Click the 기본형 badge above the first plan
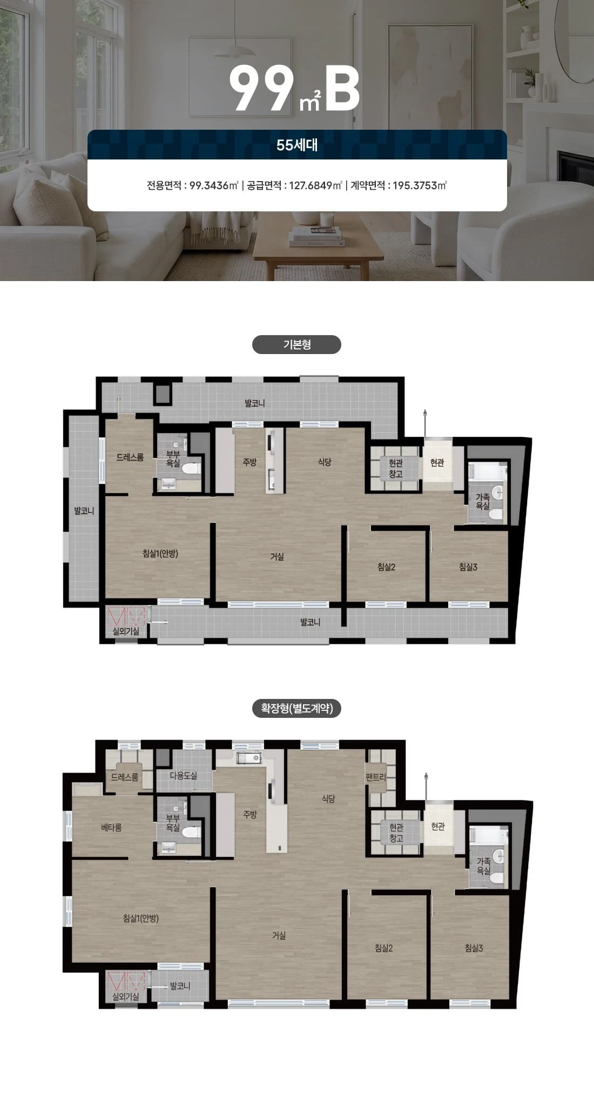click(x=296, y=345)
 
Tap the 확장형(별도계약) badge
click(x=296, y=708)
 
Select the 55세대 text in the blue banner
click(x=297, y=145)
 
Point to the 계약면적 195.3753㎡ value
click(x=420, y=185)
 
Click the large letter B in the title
click(x=343, y=89)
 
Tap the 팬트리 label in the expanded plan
click(x=375, y=777)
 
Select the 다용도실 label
click(x=183, y=775)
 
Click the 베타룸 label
click(x=111, y=827)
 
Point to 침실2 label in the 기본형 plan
click(x=386, y=567)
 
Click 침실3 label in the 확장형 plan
click(x=474, y=948)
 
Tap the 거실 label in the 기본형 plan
click(x=277, y=557)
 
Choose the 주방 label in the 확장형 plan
click(x=250, y=815)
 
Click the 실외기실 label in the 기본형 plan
click(x=125, y=631)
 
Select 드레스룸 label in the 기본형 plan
click(x=130, y=457)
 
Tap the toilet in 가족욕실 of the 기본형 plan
click(x=496, y=515)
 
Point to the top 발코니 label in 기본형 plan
click(x=254, y=403)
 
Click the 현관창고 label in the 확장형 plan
click(x=396, y=832)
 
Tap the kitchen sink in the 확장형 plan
click(x=249, y=758)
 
